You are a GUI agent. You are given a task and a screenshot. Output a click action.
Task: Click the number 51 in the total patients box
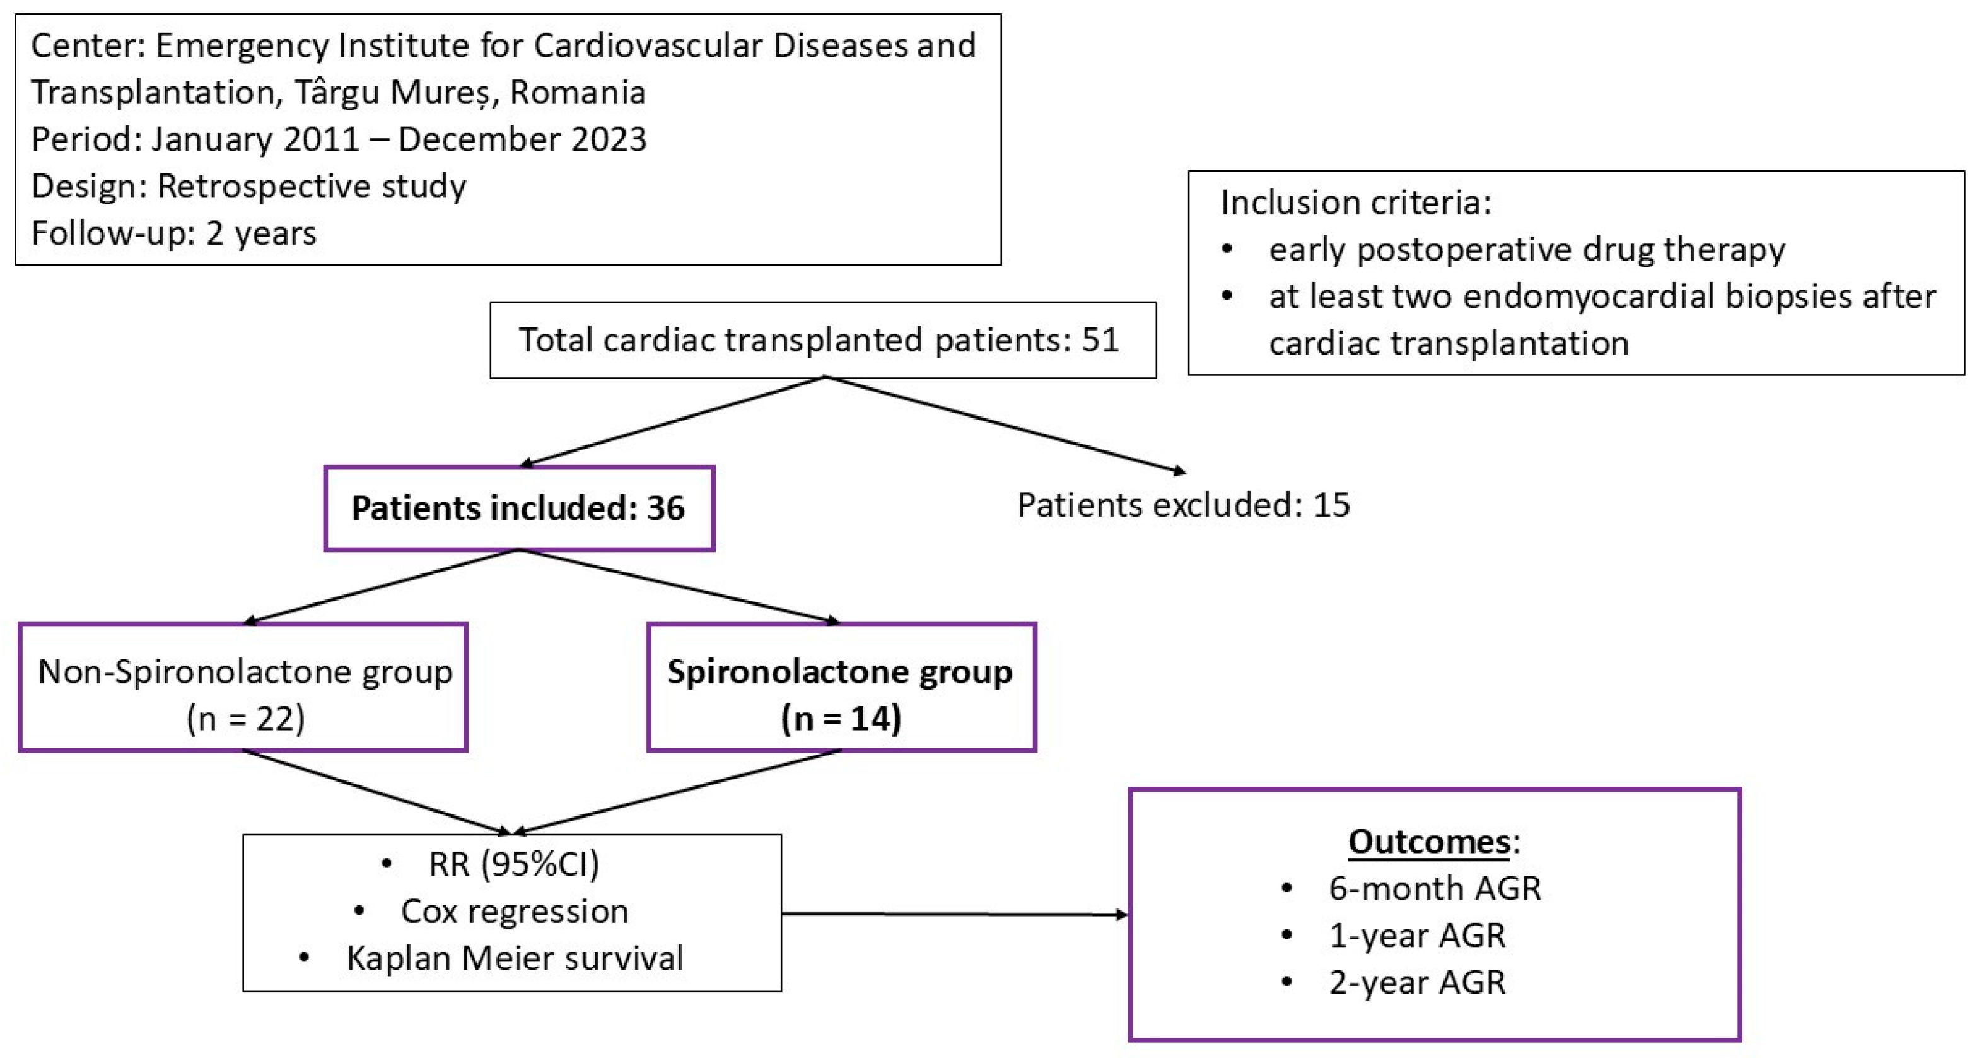(x=1100, y=340)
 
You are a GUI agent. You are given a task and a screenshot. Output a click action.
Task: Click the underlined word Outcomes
(x=1428, y=842)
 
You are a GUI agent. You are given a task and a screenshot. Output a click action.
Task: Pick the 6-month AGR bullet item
(x=1433, y=889)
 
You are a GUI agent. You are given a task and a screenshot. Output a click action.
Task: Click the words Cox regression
(x=514, y=912)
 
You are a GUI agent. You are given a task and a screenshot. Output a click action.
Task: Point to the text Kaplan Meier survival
(x=514, y=959)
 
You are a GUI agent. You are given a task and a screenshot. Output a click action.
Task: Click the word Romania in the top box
(x=577, y=93)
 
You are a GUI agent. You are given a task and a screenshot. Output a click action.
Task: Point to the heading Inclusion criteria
(x=1355, y=203)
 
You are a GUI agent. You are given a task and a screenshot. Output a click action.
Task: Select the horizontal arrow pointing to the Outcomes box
(x=954, y=914)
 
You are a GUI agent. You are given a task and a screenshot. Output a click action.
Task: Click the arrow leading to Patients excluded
(x=1005, y=425)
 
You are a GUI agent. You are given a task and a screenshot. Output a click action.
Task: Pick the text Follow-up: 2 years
(x=173, y=233)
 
